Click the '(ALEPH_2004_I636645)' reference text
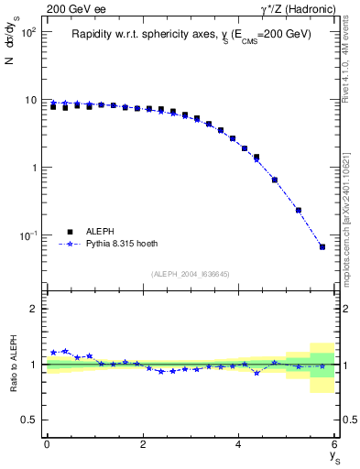click(191, 274)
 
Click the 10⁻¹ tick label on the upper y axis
click(29, 236)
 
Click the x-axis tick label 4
click(238, 445)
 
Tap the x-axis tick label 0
click(47, 445)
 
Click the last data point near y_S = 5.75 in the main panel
click(322, 246)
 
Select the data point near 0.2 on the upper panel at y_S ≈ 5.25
click(299, 210)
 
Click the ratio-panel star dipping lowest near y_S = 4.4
click(256, 373)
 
